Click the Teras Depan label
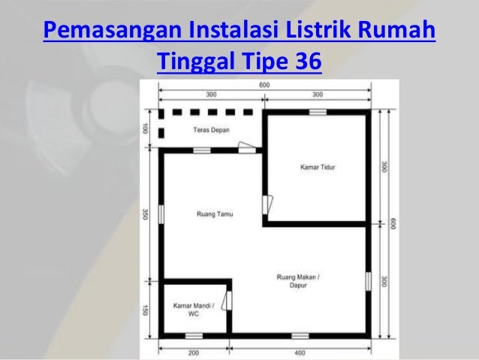point(211,130)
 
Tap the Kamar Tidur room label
point(318,168)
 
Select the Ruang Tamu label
point(215,214)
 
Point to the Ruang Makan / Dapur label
point(298,281)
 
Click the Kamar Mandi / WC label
point(194,310)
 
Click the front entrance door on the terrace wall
point(247,147)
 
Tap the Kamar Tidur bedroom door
point(267,204)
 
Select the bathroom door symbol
point(227,301)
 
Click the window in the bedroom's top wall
point(318,112)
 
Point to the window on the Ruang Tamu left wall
point(161,214)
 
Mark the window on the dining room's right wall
point(369,281)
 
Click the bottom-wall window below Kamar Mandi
point(194,336)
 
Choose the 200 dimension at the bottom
point(194,353)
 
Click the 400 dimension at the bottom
point(300,353)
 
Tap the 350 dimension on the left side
point(145,214)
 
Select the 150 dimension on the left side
point(145,310)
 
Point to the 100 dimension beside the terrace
point(145,129)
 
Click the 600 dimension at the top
point(264,85)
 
